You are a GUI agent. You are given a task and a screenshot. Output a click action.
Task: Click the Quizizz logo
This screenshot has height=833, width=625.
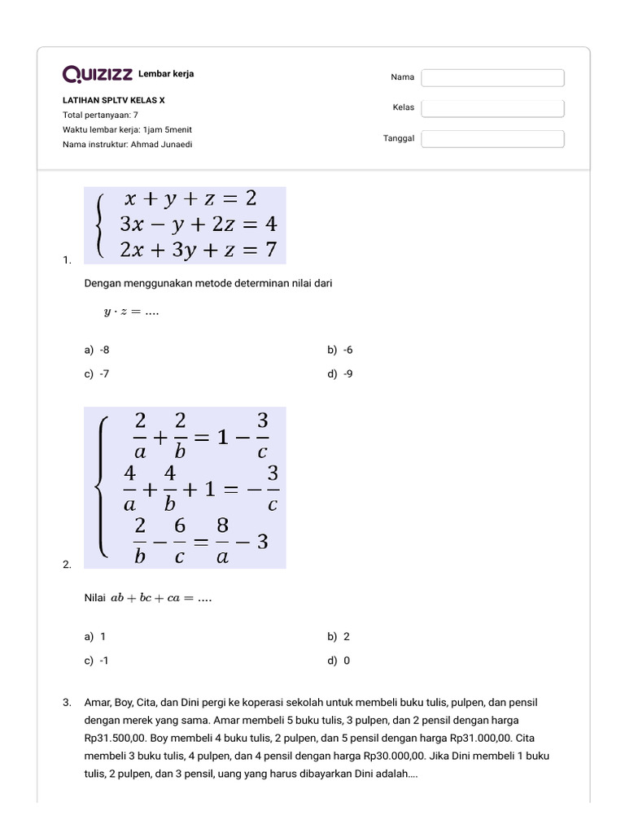click(x=98, y=75)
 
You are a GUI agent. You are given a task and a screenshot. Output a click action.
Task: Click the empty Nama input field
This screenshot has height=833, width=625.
click(x=492, y=77)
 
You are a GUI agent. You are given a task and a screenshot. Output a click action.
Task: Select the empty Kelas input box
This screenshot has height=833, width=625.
click(x=492, y=108)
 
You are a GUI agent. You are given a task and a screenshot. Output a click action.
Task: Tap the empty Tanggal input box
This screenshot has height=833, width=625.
click(x=492, y=139)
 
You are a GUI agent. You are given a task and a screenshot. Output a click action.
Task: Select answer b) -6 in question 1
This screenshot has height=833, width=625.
click(x=340, y=350)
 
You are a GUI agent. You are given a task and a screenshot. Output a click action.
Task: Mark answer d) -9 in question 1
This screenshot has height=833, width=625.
click(x=340, y=374)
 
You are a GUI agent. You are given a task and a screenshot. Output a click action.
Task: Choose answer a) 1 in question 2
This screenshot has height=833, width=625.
click(x=95, y=636)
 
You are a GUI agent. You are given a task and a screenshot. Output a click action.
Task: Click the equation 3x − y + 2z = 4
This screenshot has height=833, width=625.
click(x=198, y=223)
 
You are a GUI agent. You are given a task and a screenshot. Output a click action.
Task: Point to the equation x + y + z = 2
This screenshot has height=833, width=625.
click(x=190, y=198)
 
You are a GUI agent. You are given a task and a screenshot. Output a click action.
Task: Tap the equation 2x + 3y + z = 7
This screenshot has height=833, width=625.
click(x=198, y=249)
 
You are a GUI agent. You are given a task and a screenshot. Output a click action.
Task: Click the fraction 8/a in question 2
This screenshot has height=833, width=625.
click(x=222, y=541)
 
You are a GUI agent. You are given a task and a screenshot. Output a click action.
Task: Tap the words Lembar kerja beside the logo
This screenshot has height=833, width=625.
click(x=166, y=74)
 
